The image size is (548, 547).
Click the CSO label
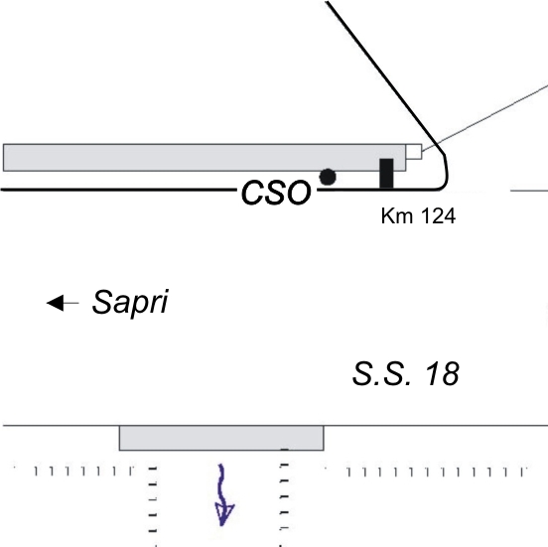coord(276,193)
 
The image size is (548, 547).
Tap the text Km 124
coord(418,215)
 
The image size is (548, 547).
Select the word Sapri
coord(130,303)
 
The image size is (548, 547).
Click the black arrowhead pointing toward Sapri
coord(56,303)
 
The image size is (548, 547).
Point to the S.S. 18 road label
coord(405,374)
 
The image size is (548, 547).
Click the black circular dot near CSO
coord(328,177)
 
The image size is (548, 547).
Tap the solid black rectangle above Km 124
coord(386,174)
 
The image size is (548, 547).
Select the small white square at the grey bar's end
coord(414,152)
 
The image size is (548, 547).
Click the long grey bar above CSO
coord(205,158)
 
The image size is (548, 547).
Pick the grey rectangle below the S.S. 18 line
coord(221,438)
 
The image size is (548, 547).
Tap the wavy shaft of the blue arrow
coord(221,485)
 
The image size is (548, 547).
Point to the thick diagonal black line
coord(382,72)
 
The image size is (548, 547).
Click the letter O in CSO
coord(298,193)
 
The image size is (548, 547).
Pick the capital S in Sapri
coord(102,301)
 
